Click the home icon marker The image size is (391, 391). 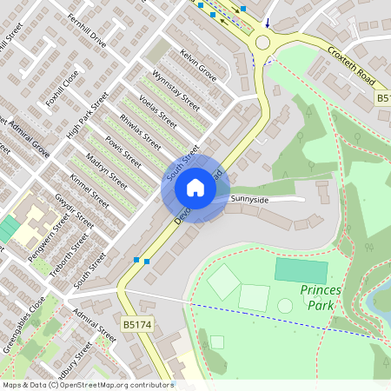(195, 187)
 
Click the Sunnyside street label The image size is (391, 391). (250, 199)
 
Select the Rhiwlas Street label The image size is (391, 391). (140, 130)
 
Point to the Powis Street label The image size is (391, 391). (122, 149)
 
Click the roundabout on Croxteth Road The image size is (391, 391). (263, 43)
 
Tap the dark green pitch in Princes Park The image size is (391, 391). (302, 270)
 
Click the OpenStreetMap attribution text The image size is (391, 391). (88, 384)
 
